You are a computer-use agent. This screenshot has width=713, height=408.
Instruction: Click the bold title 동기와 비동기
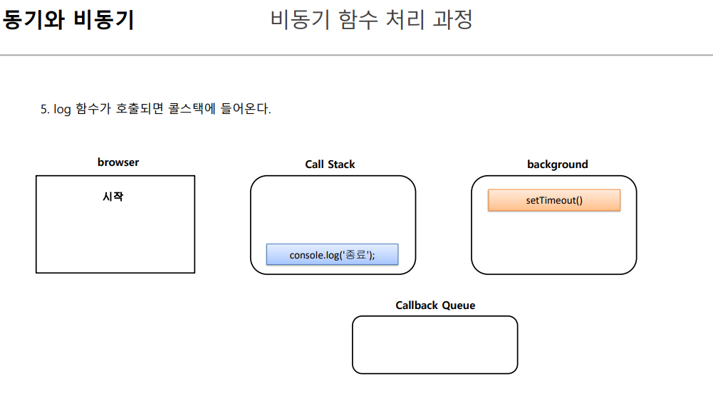pos(69,20)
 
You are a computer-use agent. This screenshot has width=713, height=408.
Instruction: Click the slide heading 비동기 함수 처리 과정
pos(372,20)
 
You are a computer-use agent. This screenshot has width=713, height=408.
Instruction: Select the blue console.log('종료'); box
pos(332,254)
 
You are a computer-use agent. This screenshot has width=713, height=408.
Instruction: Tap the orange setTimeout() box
pos(554,200)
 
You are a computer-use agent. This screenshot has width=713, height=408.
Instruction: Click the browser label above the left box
pos(118,162)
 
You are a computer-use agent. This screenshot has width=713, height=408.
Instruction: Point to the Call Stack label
pos(330,164)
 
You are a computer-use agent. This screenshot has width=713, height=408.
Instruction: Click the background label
pos(557,164)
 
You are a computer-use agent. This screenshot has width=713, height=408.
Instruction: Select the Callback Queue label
pos(435,305)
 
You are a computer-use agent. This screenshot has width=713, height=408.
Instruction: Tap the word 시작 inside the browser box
pos(113,197)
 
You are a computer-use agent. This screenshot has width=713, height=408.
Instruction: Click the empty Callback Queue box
pos(434,345)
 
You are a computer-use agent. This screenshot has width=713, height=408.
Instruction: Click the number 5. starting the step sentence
pos(46,110)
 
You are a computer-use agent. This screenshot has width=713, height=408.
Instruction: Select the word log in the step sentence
pos(62,110)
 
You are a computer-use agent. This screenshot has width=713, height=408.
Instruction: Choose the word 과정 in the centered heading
pos(452,20)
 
